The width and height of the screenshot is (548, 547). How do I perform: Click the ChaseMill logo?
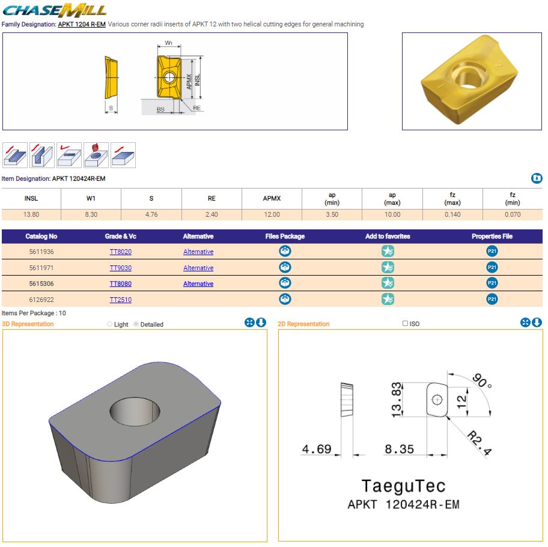click(54, 10)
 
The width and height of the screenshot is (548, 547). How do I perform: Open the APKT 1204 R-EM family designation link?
click(82, 24)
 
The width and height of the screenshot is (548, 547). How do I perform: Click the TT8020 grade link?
click(121, 252)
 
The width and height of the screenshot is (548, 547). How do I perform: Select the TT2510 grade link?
click(121, 300)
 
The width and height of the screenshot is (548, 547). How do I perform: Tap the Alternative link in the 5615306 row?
click(198, 283)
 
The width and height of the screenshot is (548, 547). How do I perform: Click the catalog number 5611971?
click(41, 268)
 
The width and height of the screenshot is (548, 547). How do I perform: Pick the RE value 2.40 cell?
click(212, 214)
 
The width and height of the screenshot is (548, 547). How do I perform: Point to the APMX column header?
click(272, 198)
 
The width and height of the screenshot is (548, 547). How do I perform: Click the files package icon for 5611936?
click(285, 251)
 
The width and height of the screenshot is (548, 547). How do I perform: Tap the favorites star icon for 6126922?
click(388, 300)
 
